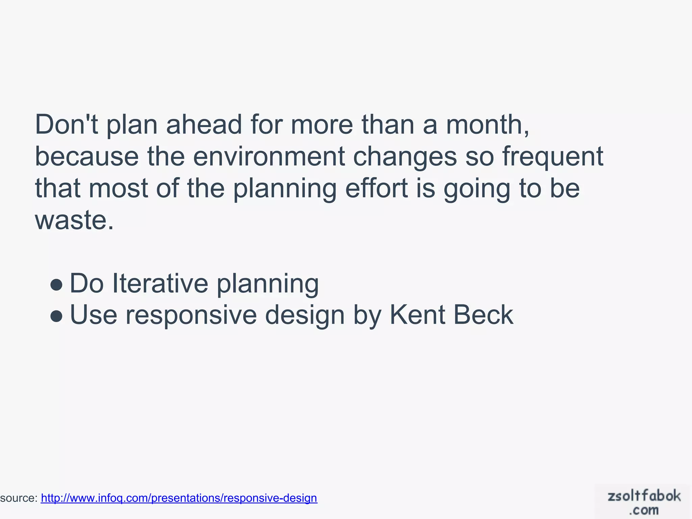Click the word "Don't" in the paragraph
[x=66, y=125]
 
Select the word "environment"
[x=269, y=156]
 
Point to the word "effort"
[x=376, y=188]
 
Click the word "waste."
[x=74, y=220]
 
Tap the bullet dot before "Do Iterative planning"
[x=56, y=285]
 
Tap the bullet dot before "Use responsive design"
[x=56, y=316]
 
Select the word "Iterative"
[x=160, y=283]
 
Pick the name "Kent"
[x=417, y=315]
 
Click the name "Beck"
[x=483, y=315]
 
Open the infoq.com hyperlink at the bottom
[x=179, y=498]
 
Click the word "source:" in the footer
[x=19, y=498]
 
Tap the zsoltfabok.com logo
[x=643, y=502]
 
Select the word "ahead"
[x=204, y=125]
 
